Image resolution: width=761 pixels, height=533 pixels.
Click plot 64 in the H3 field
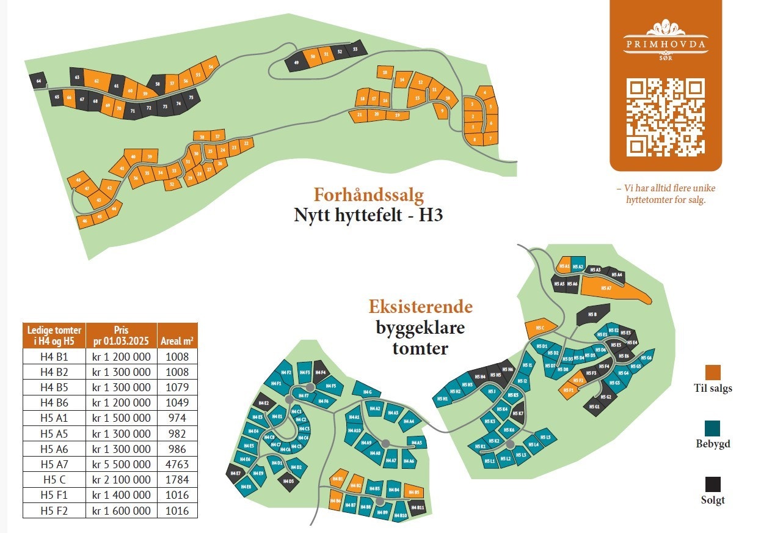coord(39,81)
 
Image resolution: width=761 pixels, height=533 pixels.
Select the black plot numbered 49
coord(296,63)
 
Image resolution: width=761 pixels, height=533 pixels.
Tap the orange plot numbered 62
coord(97,80)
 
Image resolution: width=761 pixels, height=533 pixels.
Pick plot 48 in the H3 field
coord(78,180)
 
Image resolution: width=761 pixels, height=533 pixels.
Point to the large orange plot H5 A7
coord(608,288)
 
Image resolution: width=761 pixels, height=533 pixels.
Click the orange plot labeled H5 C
coord(539,328)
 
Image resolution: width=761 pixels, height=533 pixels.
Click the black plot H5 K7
coord(518,414)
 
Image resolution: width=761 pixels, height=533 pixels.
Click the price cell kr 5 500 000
coord(121,465)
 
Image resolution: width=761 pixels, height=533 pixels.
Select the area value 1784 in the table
coord(177,480)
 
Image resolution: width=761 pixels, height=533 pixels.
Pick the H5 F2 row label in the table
coord(54,511)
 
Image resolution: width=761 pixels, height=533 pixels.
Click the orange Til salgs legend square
coord(712,372)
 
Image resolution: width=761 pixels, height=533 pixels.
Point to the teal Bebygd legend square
coord(712,428)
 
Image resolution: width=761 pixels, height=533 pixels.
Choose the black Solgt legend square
coord(712,484)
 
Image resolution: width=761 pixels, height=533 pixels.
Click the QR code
coord(666,117)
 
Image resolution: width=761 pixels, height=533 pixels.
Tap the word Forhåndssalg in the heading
coord(368,195)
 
